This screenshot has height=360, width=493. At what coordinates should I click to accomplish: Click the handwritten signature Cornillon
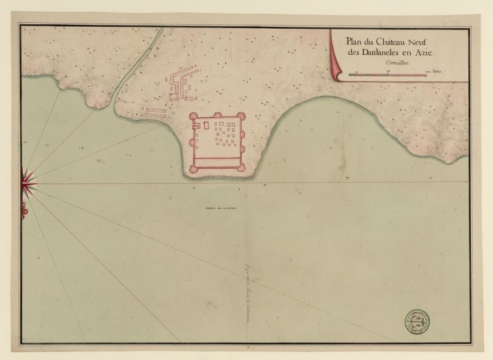pos(396,63)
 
